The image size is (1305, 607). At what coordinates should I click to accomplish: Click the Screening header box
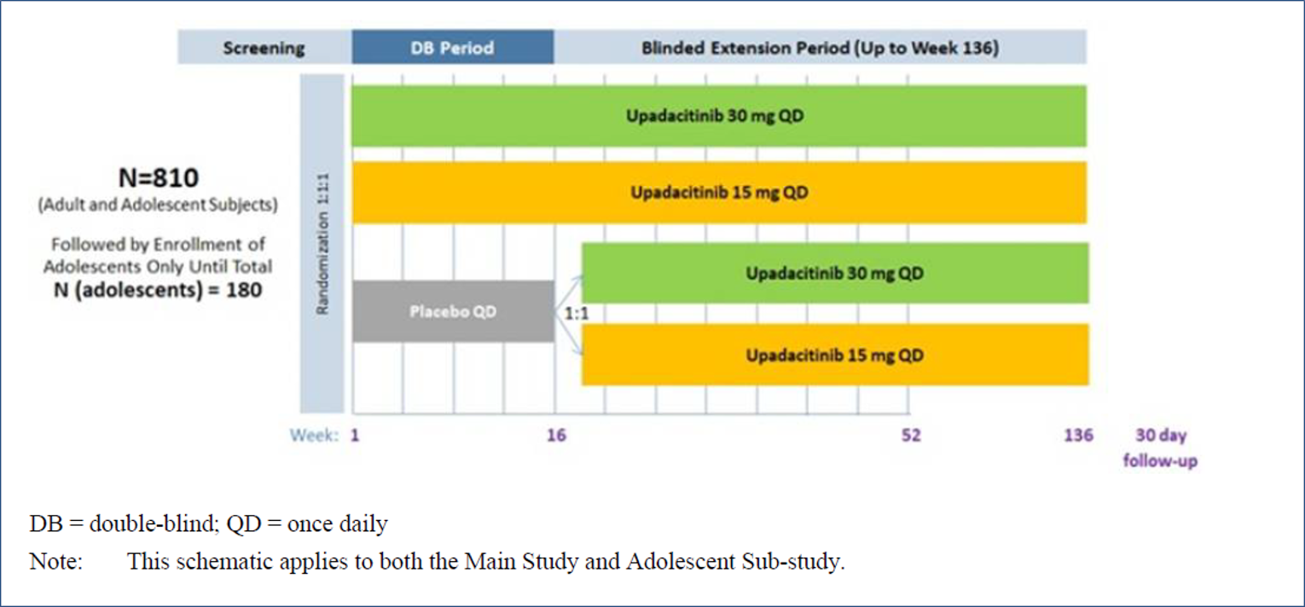pyautogui.click(x=264, y=48)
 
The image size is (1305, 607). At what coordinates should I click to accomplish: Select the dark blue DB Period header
pyautogui.click(x=452, y=48)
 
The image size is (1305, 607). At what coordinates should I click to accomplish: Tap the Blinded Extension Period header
pyautogui.click(x=819, y=48)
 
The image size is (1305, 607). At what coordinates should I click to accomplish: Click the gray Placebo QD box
pyautogui.click(x=452, y=312)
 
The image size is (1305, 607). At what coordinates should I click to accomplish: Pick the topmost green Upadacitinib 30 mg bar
pyautogui.click(x=719, y=116)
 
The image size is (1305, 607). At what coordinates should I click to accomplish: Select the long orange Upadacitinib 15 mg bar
pyautogui.click(x=719, y=193)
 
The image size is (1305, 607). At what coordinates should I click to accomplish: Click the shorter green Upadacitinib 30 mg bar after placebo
pyautogui.click(x=834, y=274)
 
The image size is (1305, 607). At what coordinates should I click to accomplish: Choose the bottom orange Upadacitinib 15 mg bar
pyautogui.click(x=834, y=355)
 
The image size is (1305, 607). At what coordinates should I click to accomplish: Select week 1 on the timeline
pyautogui.click(x=355, y=436)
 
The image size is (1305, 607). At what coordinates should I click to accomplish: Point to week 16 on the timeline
pyautogui.click(x=555, y=436)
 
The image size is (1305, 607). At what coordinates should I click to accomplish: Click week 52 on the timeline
pyautogui.click(x=911, y=436)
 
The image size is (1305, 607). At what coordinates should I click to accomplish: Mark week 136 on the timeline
pyautogui.click(x=1078, y=436)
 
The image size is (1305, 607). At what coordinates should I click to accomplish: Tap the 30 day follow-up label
pyautogui.click(x=1160, y=448)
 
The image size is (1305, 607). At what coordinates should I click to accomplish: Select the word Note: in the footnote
pyautogui.click(x=55, y=563)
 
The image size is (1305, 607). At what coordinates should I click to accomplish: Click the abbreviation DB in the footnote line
pyautogui.click(x=44, y=523)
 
